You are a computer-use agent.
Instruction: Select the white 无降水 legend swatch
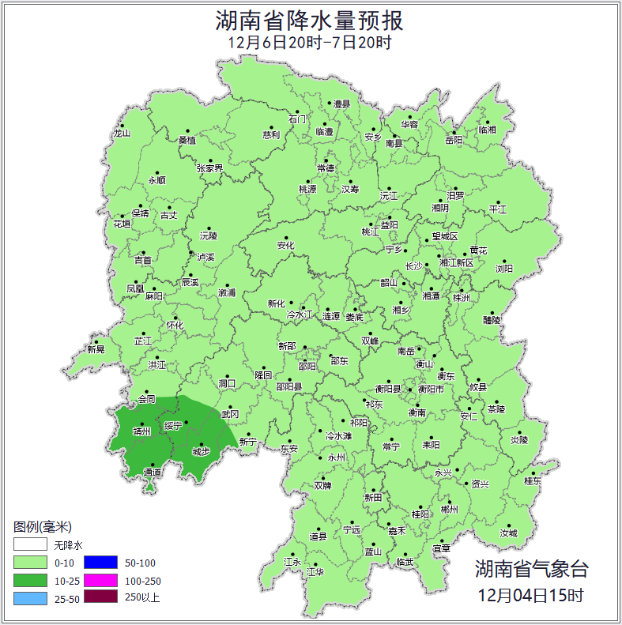coord(30,544)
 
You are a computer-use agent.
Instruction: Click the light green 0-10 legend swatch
coord(30,563)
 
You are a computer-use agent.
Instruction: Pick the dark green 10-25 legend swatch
coord(30,581)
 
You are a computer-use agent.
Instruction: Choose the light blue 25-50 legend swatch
coord(30,599)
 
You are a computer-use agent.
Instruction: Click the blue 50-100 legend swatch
coord(100,563)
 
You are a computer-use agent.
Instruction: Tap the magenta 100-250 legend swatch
coord(100,581)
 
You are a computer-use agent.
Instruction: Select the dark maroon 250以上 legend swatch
coord(100,597)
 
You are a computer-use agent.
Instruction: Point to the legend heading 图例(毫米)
coord(43,527)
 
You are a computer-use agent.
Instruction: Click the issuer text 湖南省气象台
coord(531,569)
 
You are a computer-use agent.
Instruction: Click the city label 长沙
coord(413,266)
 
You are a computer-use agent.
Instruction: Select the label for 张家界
coord(210,168)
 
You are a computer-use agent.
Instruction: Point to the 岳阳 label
coord(454,140)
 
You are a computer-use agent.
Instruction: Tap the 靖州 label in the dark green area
coord(141,431)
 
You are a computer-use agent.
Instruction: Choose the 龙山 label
coord(121,134)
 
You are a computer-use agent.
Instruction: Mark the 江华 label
coord(315,571)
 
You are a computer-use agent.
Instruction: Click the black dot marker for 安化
coord(285,235)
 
